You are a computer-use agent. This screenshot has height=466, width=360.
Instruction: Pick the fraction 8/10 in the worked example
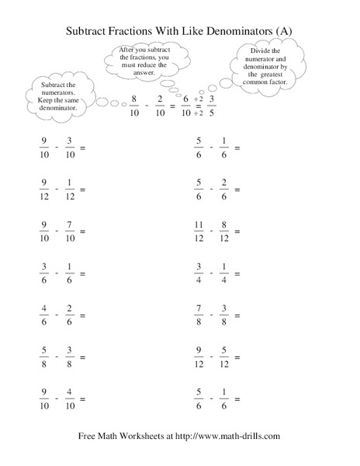(x=134, y=104)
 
